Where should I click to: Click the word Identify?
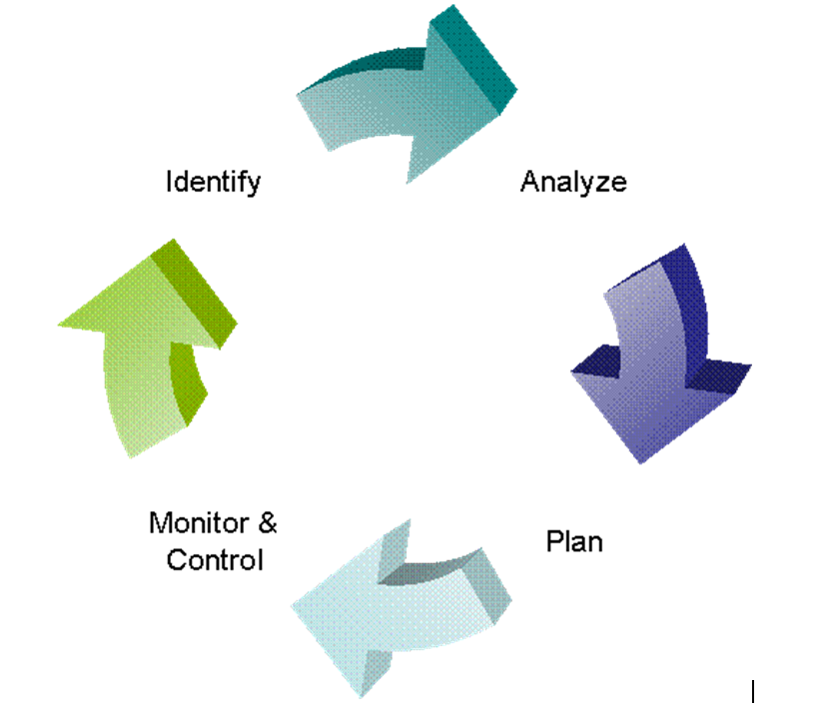[213, 183]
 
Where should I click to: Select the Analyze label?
[573, 182]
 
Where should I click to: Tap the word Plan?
[574, 541]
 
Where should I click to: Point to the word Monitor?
[199, 523]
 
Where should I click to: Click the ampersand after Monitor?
[268, 523]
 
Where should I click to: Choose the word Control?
[215, 560]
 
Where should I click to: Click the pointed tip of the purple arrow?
[640, 463]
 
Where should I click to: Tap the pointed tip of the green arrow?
[58, 324]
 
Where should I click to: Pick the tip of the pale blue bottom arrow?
[293, 606]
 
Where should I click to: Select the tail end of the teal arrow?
[313, 123]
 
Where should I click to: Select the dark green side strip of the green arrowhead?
[194, 293]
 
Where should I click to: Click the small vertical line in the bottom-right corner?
[752, 691]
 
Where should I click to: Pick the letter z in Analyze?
[601, 184]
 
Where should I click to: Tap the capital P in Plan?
[555, 541]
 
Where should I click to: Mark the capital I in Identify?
[169, 181]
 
